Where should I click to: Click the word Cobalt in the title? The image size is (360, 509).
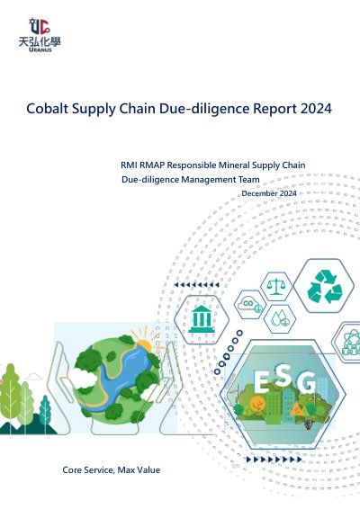coord(48,109)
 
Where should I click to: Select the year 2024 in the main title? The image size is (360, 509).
coord(316,109)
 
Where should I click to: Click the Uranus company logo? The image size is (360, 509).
coord(40,35)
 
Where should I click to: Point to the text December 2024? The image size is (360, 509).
coord(269,193)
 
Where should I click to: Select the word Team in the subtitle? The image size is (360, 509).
coord(249,180)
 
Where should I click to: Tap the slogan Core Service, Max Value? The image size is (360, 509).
coord(112,470)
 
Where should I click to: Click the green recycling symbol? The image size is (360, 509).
coord(325,287)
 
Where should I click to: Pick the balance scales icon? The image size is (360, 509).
coord(275,286)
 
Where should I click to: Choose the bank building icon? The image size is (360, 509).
coord(202,318)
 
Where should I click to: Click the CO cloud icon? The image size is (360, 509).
coord(249,305)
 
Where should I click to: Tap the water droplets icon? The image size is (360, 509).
coord(280,317)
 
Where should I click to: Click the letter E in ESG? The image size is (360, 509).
coord(261,380)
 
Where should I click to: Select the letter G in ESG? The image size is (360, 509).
coord(306,381)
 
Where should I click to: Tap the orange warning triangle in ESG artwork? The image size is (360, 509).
coord(296,410)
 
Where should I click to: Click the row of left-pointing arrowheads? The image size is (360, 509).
coord(196,285)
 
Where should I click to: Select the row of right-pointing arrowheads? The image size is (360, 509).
coord(274,460)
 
